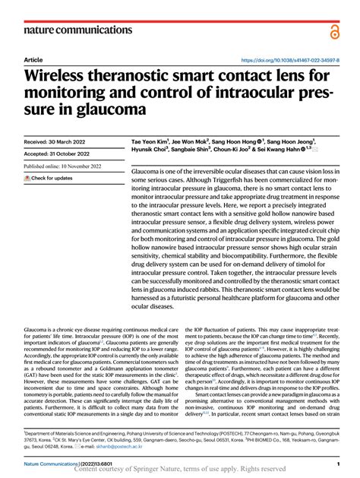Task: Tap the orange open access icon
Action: click(x=335, y=30)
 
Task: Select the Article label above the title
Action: click(x=33, y=59)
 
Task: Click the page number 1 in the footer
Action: click(x=336, y=462)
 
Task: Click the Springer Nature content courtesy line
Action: click(x=180, y=470)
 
